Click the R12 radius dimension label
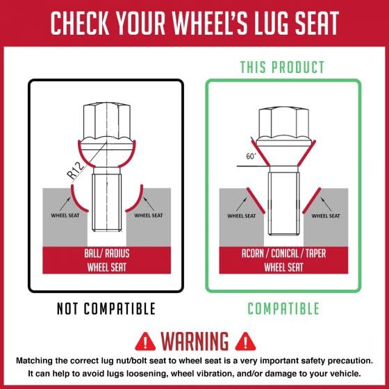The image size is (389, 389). click(x=76, y=170)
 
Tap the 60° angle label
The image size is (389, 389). click(x=251, y=156)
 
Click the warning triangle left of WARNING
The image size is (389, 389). click(x=145, y=341)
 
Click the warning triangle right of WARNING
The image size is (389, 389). click(x=245, y=341)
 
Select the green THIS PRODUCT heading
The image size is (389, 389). click(x=282, y=67)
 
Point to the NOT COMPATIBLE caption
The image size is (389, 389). click(x=106, y=308)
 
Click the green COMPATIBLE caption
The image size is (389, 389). click(x=283, y=308)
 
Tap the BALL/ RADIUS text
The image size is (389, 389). click(x=107, y=254)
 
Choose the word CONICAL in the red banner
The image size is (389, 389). click(x=285, y=254)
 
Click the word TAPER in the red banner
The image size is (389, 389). click(x=315, y=254)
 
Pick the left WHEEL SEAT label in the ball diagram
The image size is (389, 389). click(x=65, y=215)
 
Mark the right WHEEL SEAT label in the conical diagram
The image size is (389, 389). click(x=326, y=216)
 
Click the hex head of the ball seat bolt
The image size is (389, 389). click(x=107, y=122)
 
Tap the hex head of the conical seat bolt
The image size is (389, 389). click(x=284, y=124)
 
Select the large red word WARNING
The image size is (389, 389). click(x=194, y=341)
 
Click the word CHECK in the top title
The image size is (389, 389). click(x=80, y=23)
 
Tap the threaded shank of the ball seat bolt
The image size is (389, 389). click(x=107, y=202)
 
